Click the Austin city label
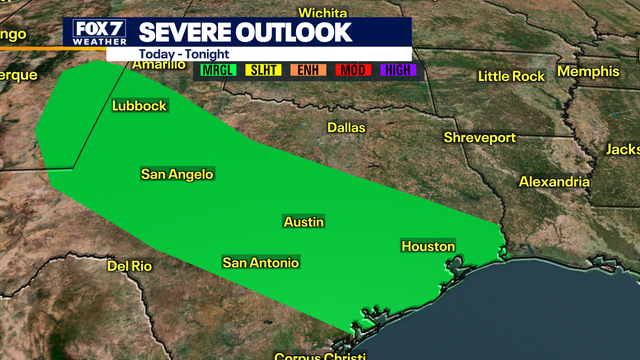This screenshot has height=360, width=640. coord(304,222)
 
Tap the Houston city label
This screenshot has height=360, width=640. coord(428,246)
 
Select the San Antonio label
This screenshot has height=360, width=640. coord(260,263)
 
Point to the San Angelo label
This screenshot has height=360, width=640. coord(177,174)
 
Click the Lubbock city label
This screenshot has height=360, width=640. coord(140,105)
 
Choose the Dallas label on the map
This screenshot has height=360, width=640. coord(347,128)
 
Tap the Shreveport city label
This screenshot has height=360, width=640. coord(481,137)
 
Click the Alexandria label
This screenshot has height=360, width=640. coord(554,182)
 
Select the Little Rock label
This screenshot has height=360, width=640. coord(510,76)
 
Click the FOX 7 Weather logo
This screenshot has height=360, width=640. coord(95,33)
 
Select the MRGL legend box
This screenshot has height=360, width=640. coord(217,71)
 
